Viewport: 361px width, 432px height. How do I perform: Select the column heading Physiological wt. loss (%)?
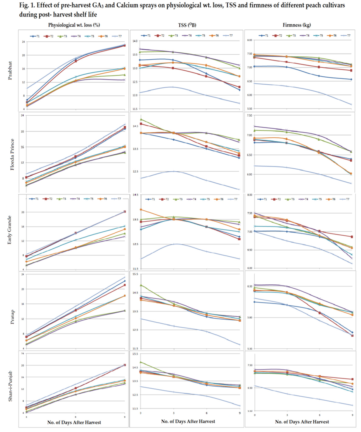coord(74,25)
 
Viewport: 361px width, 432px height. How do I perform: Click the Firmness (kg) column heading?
coord(297,25)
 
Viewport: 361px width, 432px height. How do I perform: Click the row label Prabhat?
coord(10,71)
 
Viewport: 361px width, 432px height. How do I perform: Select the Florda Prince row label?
coord(12,154)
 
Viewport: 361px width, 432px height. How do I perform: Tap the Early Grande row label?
coord(10,230)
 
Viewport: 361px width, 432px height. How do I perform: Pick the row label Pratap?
coord(12,317)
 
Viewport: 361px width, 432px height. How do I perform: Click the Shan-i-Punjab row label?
coord(10,386)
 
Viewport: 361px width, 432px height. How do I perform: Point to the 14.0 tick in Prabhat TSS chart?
coord(135,41)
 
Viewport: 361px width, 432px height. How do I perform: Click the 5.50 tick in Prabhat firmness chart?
coord(249,109)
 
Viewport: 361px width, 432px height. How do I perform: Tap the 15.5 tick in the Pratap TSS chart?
coord(135,274)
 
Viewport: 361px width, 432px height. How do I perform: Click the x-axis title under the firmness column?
coord(302,422)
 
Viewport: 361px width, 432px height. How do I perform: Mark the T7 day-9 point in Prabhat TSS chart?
coord(240,103)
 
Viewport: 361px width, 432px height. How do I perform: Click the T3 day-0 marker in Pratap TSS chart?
coord(141,285)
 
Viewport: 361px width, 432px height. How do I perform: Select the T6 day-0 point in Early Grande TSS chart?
coord(141,209)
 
